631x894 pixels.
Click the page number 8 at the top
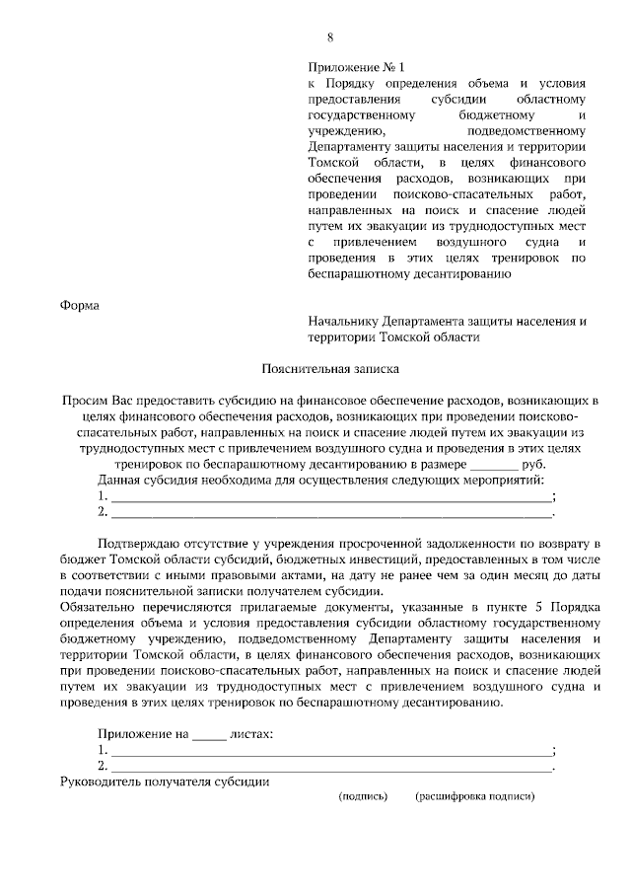(331, 38)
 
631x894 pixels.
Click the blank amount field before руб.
(493, 465)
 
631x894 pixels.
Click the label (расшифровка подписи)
(474, 794)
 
